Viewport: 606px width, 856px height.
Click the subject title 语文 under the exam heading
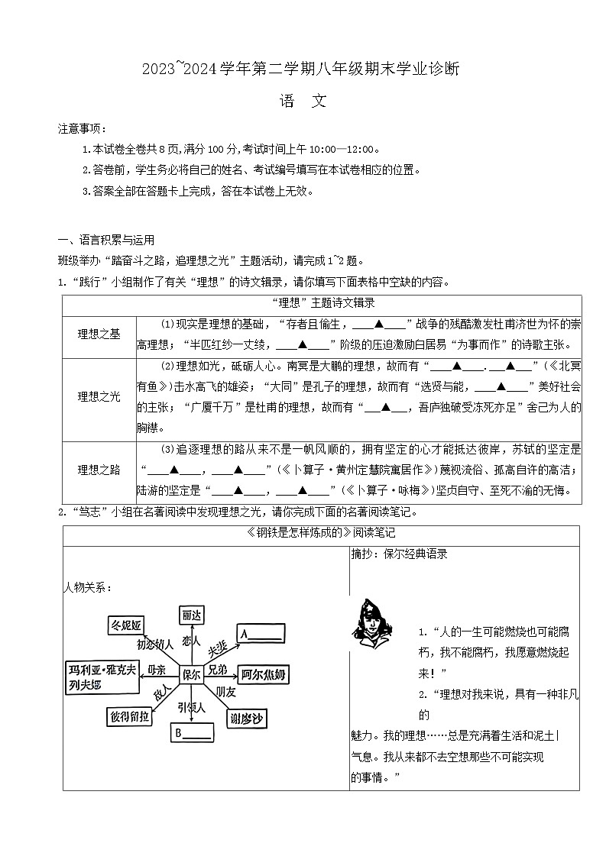[x=303, y=102]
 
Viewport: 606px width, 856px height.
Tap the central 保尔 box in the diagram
[x=190, y=674]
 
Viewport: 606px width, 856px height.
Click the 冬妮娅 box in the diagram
[x=126, y=626]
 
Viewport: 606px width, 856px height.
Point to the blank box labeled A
[x=261, y=633]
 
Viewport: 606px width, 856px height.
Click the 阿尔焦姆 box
[x=264, y=674]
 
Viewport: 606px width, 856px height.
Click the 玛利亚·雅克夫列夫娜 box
[x=102, y=677]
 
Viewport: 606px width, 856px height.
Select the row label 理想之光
[x=99, y=396]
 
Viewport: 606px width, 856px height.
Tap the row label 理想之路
[x=99, y=470]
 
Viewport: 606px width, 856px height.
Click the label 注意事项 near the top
[x=83, y=128]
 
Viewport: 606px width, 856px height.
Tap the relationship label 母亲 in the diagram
[x=156, y=670]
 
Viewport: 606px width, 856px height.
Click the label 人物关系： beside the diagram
[x=87, y=587]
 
